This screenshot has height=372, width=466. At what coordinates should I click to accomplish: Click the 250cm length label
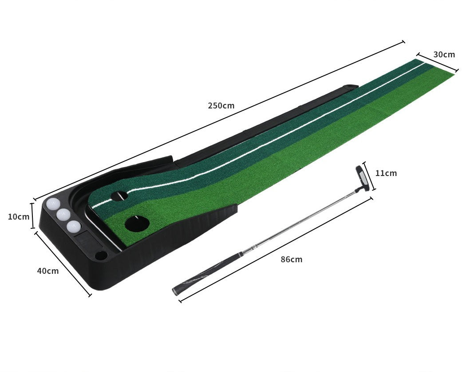(221, 106)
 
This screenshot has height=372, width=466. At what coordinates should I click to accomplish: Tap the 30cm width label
(444, 55)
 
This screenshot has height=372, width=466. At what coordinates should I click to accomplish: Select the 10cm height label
(19, 216)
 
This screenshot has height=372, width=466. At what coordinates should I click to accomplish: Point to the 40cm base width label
(47, 271)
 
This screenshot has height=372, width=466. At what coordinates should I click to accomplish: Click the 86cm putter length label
(291, 259)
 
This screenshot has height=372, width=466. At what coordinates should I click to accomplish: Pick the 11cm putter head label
(386, 173)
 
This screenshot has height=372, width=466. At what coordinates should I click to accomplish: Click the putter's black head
(362, 178)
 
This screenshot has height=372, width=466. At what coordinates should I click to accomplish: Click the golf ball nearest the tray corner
(53, 204)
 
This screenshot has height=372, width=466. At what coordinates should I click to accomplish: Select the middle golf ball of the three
(63, 215)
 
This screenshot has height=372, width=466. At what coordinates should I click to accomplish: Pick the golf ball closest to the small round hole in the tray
(74, 226)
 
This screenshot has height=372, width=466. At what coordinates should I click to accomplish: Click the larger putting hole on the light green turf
(136, 223)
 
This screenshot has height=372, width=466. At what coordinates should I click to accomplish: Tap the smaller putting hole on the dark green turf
(119, 196)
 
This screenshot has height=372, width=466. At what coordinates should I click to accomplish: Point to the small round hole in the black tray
(101, 256)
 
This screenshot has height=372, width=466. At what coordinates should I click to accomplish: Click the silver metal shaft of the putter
(302, 220)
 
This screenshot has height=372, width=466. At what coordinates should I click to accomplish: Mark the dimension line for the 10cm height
(32, 216)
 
